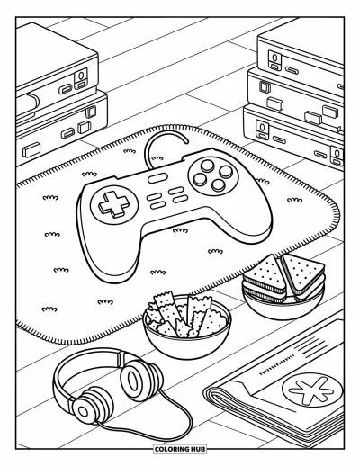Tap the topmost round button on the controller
pyautogui.click(x=208, y=165)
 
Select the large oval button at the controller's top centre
pyautogui.click(x=157, y=178)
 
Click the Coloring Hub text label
pyautogui.click(x=180, y=449)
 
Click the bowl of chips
pyautogui.click(x=187, y=325)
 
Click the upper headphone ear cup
pyautogui.click(x=141, y=380)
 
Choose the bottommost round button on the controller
pyautogui.click(x=219, y=185)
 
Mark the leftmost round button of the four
pyautogui.click(x=200, y=179)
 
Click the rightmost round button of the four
pyautogui.click(x=226, y=171)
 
